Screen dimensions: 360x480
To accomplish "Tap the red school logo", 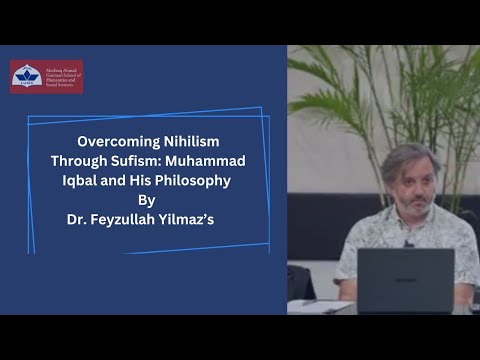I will pyautogui.click(x=46, y=77).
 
